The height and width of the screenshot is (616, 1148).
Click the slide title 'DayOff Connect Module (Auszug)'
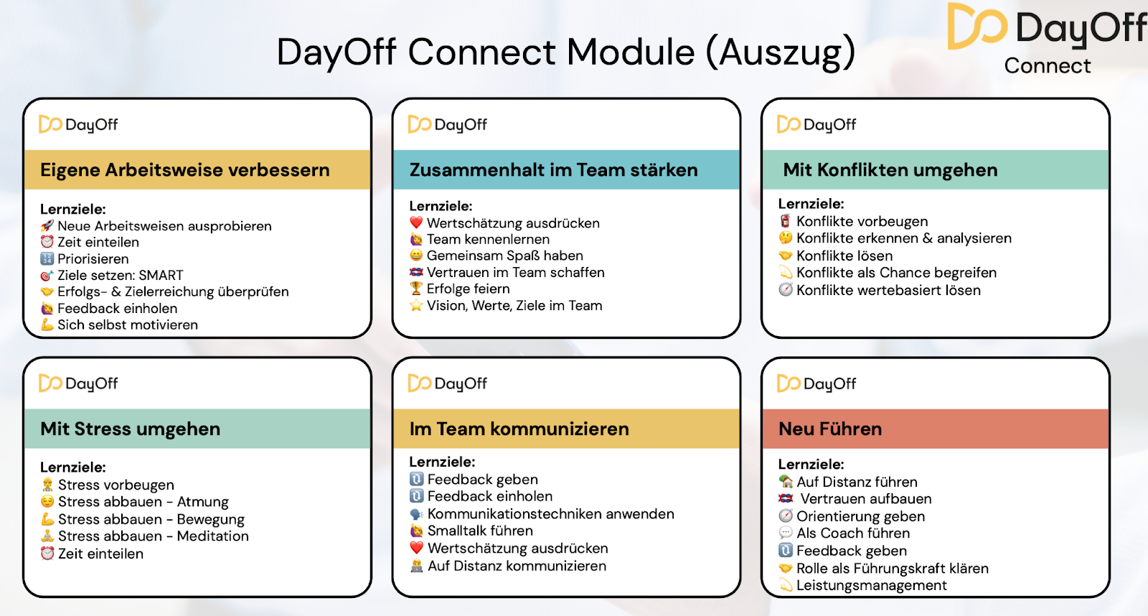tap(566, 52)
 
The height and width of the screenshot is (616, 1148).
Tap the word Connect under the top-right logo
tap(1047, 65)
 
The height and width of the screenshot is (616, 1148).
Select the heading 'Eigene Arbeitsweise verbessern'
tap(185, 169)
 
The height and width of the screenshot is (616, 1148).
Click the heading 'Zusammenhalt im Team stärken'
tap(553, 169)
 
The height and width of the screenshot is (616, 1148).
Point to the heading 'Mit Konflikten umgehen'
tap(890, 169)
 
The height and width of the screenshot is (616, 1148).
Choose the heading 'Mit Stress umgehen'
tap(130, 429)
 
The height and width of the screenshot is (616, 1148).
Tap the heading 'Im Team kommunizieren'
tap(519, 429)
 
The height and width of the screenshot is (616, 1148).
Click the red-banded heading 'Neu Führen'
tap(830, 429)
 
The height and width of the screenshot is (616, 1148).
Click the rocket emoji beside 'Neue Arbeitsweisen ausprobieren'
tap(47, 225)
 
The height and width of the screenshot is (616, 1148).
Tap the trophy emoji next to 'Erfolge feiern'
tap(416, 289)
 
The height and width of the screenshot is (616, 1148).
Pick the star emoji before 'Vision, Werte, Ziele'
tap(416, 306)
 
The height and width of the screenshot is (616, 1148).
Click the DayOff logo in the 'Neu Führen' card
tap(817, 383)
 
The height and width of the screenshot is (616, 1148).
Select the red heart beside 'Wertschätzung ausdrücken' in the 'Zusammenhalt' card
tap(416, 223)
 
